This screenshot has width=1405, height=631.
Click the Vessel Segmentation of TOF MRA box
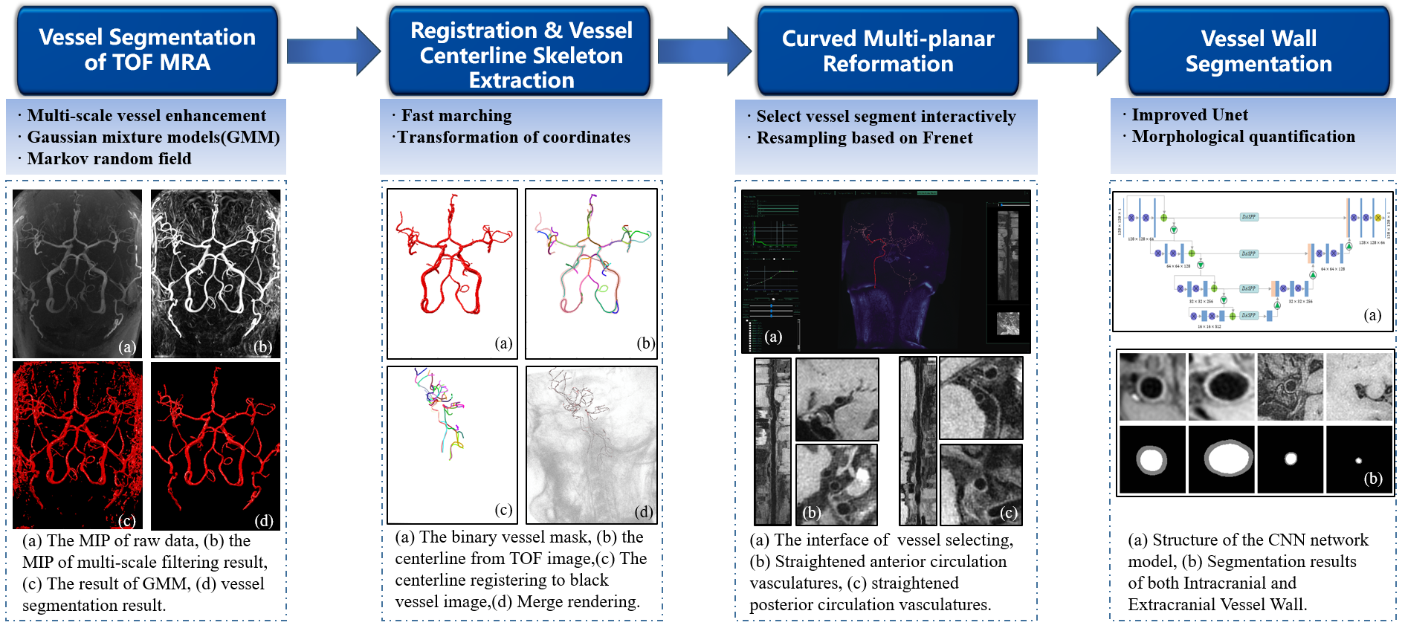click(147, 50)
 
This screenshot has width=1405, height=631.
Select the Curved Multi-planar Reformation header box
click(888, 51)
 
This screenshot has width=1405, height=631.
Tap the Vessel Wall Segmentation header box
click(1258, 51)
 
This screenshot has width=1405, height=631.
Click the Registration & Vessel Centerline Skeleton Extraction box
click(520, 54)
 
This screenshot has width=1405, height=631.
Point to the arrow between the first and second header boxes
click(333, 51)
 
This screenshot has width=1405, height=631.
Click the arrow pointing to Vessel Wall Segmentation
click(1073, 51)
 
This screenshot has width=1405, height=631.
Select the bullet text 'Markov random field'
click(109, 159)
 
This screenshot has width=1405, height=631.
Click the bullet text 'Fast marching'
click(456, 116)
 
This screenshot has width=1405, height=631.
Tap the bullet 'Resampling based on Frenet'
click(864, 138)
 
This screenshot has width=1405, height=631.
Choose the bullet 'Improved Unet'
click(1189, 115)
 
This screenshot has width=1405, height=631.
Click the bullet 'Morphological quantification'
click(1243, 137)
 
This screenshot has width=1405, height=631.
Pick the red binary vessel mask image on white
click(452, 273)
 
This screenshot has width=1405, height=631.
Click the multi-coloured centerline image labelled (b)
click(591, 273)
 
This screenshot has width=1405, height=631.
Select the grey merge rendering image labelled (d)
click(591, 444)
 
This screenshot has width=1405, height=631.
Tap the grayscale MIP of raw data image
click(77, 273)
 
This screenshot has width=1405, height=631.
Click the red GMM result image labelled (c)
click(77, 444)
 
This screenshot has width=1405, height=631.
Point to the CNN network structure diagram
click(1253, 261)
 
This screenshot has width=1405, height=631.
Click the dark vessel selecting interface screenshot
click(885, 271)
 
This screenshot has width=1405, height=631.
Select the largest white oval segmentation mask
click(1221, 459)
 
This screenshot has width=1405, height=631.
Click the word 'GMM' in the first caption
click(167, 584)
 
